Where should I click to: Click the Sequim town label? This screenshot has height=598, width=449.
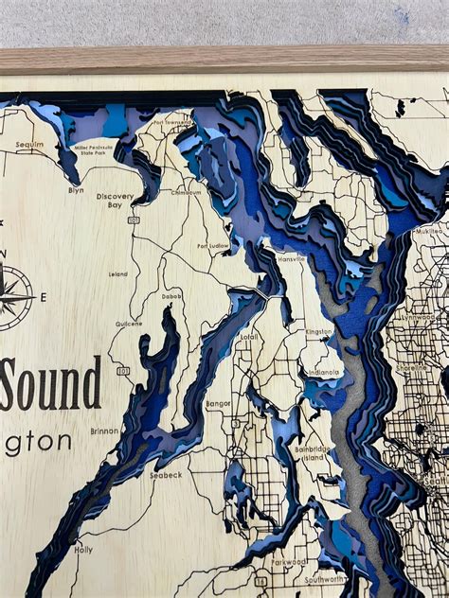pyautogui.click(x=30, y=145)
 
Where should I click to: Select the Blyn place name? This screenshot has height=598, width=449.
pyautogui.click(x=75, y=189)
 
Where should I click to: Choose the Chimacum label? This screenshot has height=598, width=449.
pyautogui.click(x=186, y=191)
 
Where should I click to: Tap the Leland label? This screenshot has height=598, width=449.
pyautogui.click(x=118, y=274)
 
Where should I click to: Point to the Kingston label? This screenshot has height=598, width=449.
pyautogui.click(x=318, y=332)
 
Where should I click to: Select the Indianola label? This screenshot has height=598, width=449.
pyautogui.click(x=323, y=372)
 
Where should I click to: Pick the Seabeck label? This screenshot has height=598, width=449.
pyautogui.click(x=166, y=474)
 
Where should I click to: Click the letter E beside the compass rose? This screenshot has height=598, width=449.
pyautogui.click(x=44, y=296)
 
